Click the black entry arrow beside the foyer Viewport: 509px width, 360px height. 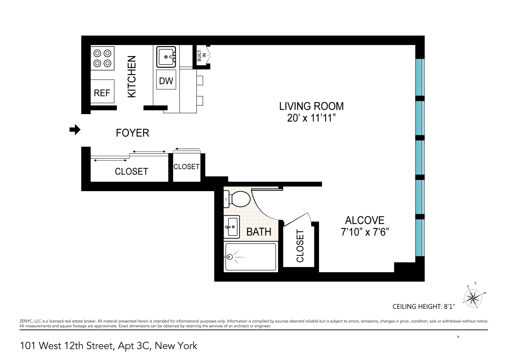point(75,130)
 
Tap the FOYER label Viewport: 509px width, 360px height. point(132,133)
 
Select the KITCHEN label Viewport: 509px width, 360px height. point(132,76)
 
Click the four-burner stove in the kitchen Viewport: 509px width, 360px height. point(102,58)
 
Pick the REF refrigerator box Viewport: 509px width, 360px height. point(102,93)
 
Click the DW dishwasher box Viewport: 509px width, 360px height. point(166,81)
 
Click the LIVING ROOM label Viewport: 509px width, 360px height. point(311,106)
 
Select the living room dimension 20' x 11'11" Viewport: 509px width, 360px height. point(311,118)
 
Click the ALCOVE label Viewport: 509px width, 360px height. point(365,220)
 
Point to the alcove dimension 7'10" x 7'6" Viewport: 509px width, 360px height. point(365,232)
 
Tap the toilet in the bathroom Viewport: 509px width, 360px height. point(237,199)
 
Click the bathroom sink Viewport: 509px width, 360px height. point(232,227)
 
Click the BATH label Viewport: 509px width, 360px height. point(259,232)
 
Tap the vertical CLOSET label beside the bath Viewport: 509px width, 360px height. point(300,246)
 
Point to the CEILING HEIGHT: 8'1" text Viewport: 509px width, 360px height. point(423,307)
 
